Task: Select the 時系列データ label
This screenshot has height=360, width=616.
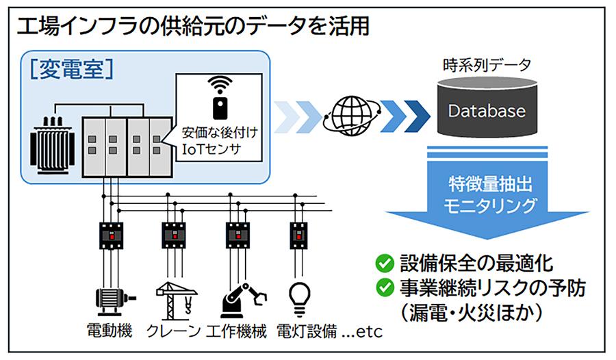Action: (x=487, y=66)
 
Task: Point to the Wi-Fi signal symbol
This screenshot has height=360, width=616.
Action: (x=220, y=85)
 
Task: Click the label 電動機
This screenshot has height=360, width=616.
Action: (x=113, y=332)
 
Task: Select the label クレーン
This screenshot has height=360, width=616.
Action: (x=175, y=332)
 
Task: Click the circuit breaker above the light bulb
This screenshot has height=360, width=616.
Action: (x=298, y=235)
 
